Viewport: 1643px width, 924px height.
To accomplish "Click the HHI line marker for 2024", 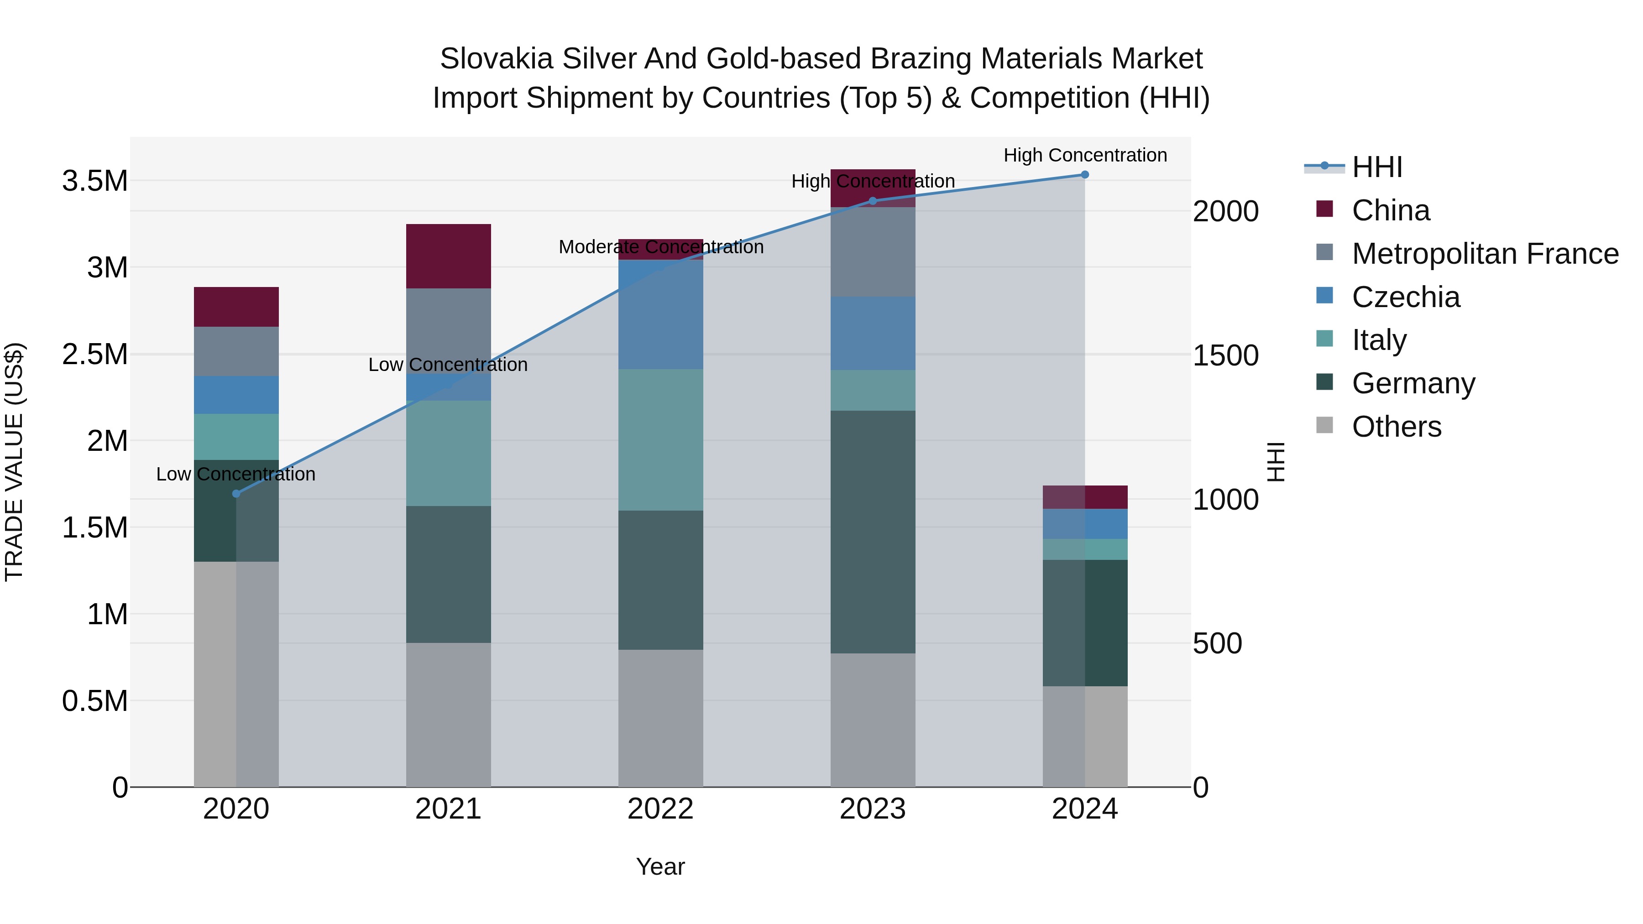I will coord(1084,175).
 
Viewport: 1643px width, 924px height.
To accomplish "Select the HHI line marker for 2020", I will coord(236,494).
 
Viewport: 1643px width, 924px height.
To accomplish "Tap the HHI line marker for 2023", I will coord(873,201).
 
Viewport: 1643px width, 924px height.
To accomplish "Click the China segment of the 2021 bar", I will coord(448,256).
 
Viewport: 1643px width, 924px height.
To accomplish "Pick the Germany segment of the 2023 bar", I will coord(873,532).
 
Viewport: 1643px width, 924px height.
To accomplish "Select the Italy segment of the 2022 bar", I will coord(661,440).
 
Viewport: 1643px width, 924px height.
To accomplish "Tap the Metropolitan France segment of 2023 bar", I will coord(873,252).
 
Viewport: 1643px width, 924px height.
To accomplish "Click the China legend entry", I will coord(1391,210).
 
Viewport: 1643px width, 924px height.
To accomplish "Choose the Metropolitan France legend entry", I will coord(1485,254).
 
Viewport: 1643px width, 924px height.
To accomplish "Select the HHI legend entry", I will coord(1376,167).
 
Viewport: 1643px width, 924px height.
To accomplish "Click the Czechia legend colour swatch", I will coord(1325,295).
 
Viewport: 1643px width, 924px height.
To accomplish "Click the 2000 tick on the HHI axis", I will coord(1225,212).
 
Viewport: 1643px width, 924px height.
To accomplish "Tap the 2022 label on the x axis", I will coord(661,809).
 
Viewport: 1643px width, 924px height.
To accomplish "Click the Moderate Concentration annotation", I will coord(661,247).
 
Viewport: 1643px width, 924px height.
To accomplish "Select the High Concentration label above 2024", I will coord(1085,155).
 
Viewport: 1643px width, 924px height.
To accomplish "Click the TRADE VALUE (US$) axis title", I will coord(14,462).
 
